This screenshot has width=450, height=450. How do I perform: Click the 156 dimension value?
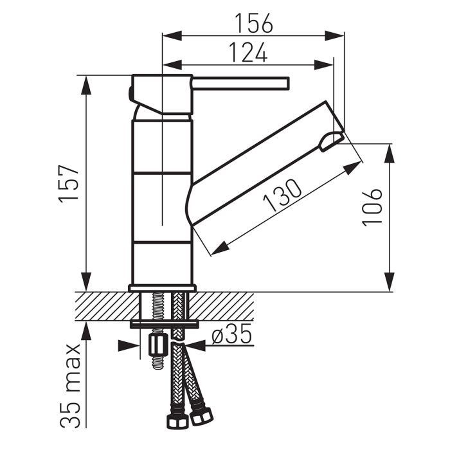(x=253, y=22)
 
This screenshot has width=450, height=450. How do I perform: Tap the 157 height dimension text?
(x=69, y=183)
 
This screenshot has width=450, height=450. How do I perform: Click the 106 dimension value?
(x=372, y=206)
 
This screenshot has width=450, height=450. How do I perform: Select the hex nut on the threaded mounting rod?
(x=156, y=347)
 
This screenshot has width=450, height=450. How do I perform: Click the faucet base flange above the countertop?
(x=162, y=288)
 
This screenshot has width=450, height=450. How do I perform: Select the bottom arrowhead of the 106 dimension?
(x=390, y=282)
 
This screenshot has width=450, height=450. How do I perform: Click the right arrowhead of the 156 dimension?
(x=337, y=35)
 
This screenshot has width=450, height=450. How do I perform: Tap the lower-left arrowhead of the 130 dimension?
(x=219, y=247)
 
